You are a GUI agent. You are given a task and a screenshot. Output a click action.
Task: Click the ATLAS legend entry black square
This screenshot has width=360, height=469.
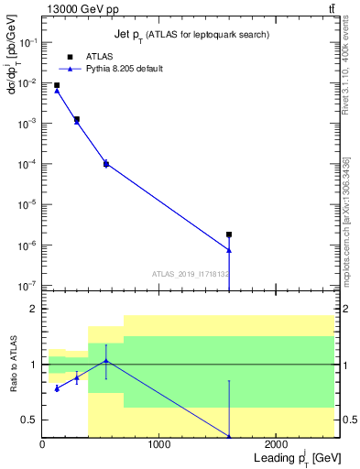[x=70, y=57]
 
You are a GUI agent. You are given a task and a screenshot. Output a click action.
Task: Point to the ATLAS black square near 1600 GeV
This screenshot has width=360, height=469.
[x=229, y=234]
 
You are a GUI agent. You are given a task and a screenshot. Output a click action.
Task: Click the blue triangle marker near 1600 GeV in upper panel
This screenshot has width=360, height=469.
[x=229, y=250]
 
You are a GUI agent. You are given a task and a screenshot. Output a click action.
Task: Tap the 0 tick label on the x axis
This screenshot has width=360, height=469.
[x=42, y=444]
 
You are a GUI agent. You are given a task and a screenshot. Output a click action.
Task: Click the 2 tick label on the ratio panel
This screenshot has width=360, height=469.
[x=33, y=310]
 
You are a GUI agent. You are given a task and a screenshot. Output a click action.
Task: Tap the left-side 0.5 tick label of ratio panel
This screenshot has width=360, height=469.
[x=30, y=420]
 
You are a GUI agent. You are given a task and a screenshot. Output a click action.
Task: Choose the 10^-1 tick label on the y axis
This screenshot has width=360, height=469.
[x=27, y=42]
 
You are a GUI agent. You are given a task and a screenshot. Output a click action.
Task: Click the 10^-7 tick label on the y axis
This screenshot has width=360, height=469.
[x=27, y=286]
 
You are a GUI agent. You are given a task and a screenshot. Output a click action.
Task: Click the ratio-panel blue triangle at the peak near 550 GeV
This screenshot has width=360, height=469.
[x=106, y=360]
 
